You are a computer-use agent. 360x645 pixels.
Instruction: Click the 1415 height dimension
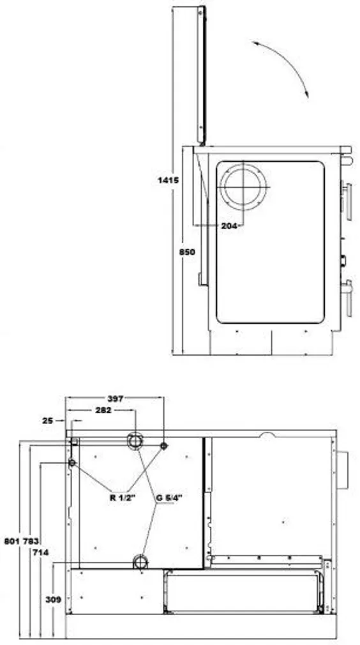[168, 181]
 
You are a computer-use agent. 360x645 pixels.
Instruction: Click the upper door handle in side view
[347, 199]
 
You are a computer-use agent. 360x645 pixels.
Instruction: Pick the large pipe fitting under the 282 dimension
[135, 441]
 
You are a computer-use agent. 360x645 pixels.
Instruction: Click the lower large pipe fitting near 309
[140, 562]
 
